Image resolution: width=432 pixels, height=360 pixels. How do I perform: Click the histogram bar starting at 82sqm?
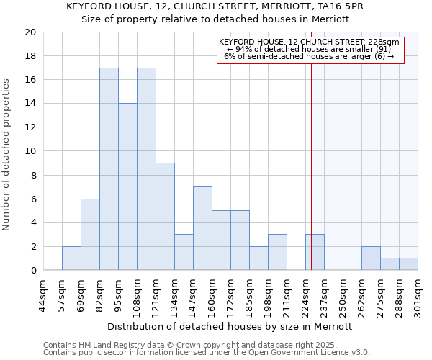109,169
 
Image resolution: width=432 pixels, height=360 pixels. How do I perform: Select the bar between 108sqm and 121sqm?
146,169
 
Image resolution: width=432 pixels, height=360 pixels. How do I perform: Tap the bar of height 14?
127,187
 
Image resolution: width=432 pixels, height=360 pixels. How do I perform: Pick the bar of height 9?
165,217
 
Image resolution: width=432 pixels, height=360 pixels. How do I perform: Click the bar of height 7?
202,228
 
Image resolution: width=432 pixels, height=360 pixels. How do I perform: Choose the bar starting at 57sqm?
71,258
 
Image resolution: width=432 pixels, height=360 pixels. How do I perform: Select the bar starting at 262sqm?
371,258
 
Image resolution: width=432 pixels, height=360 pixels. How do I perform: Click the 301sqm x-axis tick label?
418,297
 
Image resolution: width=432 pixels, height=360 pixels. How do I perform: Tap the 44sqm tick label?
43,297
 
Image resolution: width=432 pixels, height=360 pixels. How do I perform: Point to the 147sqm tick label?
193,297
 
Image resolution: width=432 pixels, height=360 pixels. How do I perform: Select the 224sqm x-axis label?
305,297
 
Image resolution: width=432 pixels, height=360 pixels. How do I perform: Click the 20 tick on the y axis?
30,32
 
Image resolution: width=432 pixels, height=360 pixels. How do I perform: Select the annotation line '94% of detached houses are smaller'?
310,48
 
